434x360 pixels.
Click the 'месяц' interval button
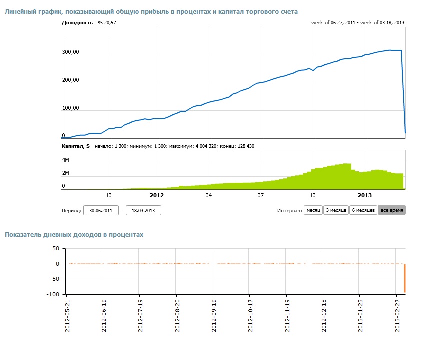(x=313, y=210)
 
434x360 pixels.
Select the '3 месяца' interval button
(x=336, y=210)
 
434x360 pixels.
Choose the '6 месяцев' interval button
(x=363, y=210)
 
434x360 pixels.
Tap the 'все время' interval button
(x=392, y=210)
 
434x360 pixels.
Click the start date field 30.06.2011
(x=101, y=210)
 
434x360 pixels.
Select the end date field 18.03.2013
(x=143, y=210)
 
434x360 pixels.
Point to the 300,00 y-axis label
(x=71, y=52)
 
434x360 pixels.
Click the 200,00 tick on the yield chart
(x=71, y=80)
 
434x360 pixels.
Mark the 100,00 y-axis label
(x=71, y=108)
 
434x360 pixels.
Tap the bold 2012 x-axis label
(x=157, y=195)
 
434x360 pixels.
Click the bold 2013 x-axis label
(x=365, y=195)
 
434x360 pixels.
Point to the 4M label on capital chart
(x=66, y=160)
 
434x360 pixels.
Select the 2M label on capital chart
(x=66, y=173)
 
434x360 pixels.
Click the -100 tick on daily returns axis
(x=53, y=294)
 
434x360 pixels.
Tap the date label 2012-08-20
(x=177, y=316)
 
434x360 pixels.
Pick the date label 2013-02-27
(x=397, y=316)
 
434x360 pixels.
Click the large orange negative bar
(x=405, y=278)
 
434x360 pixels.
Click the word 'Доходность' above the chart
(x=77, y=23)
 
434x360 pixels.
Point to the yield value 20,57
(x=110, y=23)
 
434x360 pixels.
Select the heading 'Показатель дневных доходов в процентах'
(x=74, y=235)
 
